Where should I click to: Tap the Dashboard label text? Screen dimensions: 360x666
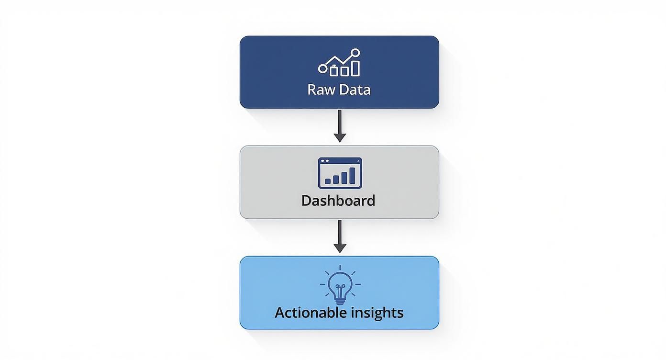[338, 200]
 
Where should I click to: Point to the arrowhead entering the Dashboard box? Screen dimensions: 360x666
[340, 138]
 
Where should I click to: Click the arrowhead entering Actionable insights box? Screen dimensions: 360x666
[340, 248]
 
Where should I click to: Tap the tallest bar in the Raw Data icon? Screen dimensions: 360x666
[355, 67]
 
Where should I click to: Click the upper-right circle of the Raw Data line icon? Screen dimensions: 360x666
[355, 53]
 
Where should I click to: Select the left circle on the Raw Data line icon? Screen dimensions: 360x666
[322, 68]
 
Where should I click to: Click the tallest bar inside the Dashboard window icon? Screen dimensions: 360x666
[353, 176]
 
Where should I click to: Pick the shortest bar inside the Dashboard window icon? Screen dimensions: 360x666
[328, 181]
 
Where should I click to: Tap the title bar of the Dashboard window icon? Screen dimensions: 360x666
[340, 161]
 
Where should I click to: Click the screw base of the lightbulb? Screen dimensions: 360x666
[340, 300]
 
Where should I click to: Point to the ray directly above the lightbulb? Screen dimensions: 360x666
[340, 268]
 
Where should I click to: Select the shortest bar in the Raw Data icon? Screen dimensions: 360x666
[334, 71]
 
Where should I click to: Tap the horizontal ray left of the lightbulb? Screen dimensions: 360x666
[322, 284]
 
